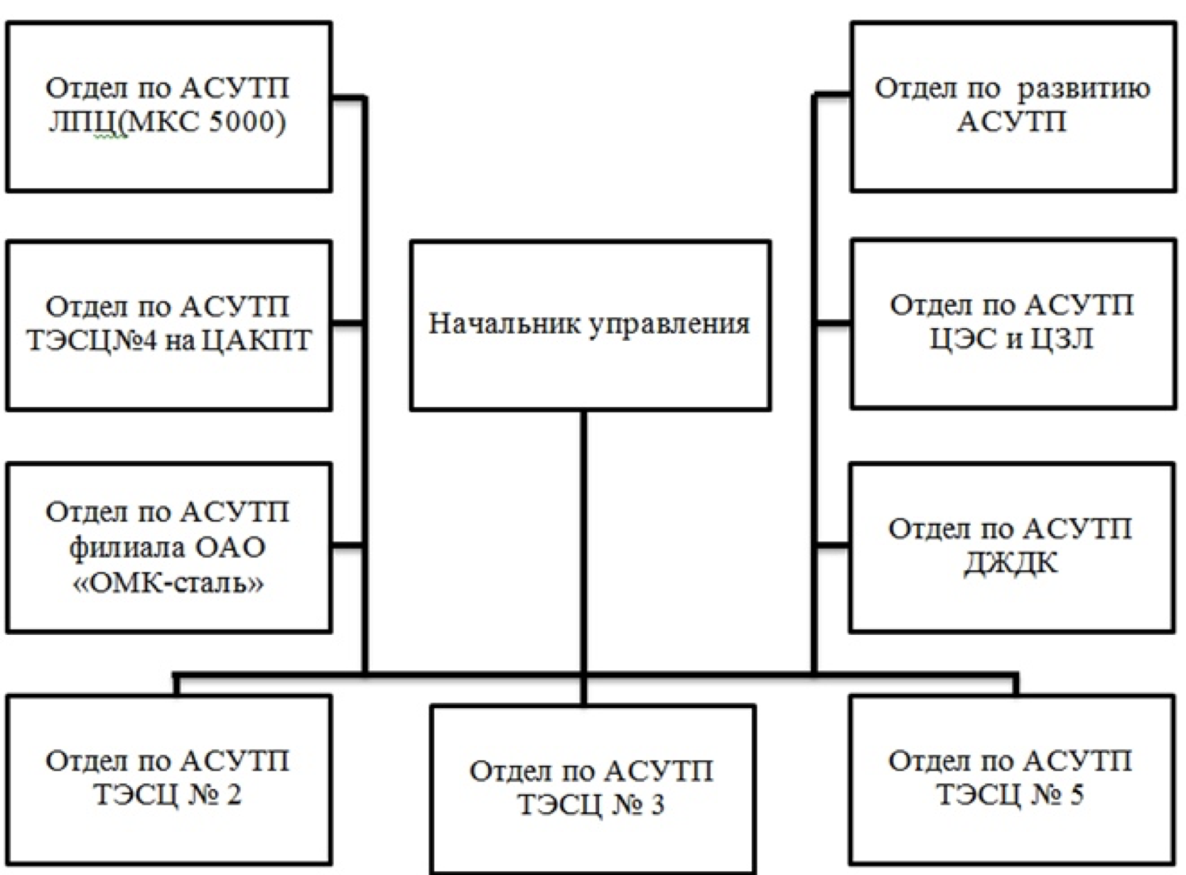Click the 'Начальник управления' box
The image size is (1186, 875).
pyautogui.click(x=590, y=325)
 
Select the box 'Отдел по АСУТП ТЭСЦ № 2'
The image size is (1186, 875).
pyautogui.click(x=168, y=778)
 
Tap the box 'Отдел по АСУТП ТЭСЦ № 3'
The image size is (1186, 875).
pyautogui.click(x=592, y=788)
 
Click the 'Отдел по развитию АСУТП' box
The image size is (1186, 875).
pyautogui.click(x=1013, y=107)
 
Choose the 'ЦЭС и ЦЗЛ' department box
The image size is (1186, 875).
pyautogui.click(x=1013, y=324)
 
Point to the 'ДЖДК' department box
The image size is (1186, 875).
pyautogui.click(x=1011, y=547)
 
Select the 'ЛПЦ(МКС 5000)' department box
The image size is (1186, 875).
pyautogui.click(x=168, y=107)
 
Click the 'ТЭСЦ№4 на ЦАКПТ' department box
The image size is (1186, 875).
pyautogui.click(x=168, y=325)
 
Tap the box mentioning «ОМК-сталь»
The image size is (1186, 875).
pyautogui.click(x=168, y=547)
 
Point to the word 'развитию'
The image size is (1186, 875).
pyautogui.click(x=1083, y=89)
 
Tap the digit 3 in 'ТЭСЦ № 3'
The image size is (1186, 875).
pyautogui.click(x=656, y=805)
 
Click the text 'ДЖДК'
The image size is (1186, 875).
pyautogui.click(x=1010, y=564)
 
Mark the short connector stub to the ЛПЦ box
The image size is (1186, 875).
pyautogui.click(x=348, y=97)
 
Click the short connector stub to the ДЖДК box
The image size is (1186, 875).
pyautogui.click(x=832, y=545)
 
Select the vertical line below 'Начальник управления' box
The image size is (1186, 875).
pyautogui.click(x=583, y=540)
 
